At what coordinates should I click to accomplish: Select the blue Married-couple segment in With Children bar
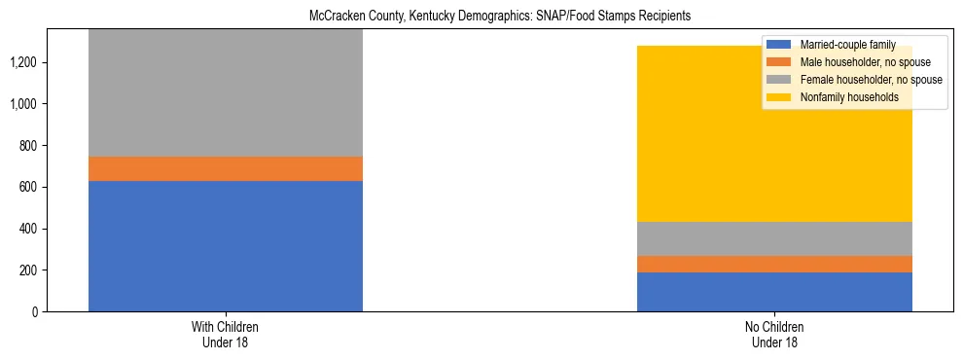click(x=226, y=246)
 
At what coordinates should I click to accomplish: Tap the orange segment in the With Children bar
click(x=226, y=169)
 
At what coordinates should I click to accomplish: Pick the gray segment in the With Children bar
click(x=226, y=93)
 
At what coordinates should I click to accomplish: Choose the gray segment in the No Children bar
click(x=774, y=239)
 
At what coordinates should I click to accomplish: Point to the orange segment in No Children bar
click(x=774, y=265)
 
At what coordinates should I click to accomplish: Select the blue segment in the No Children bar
click(x=774, y=292)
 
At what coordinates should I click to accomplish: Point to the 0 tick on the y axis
click(x=34, y=312)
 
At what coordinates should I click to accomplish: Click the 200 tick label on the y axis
click(x=27, y=270)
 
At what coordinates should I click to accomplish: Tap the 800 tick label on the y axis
click(x=27, y=146)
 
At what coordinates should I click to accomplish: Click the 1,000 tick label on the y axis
click(x=23, y=104)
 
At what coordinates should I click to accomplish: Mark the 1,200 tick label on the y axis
click(x=23, y=63)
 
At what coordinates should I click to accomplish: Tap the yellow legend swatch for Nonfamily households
click(x=779, y=97)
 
